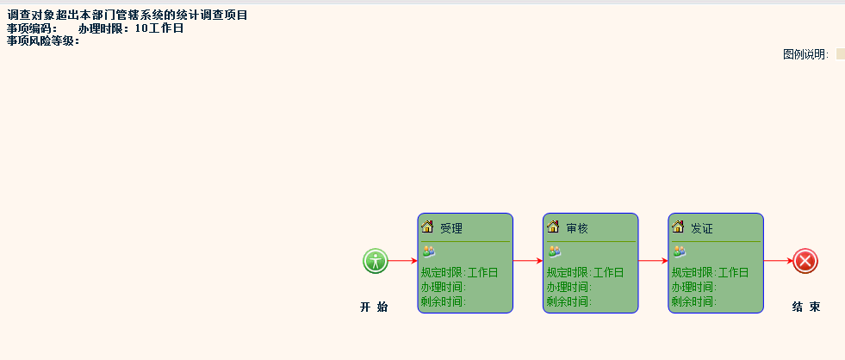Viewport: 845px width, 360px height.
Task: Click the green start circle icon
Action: click(x=375, y=261)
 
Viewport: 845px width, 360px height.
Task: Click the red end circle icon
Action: click(x=805, y=261)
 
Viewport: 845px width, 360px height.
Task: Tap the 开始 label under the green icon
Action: click(x=374, y=307)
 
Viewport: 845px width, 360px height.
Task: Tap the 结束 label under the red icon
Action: click(x=805, y=307)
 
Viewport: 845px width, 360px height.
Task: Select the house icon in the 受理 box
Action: click(x=427, y=227)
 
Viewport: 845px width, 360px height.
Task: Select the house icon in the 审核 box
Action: click(x=553, y=227)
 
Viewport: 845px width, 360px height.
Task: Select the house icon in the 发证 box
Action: click(x=678, y=227)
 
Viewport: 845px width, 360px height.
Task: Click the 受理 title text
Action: click(x=451, y=229)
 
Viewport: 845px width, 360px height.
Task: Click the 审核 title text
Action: click(x=577, y=229)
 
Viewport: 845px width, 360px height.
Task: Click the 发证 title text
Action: click(x=702, y=229)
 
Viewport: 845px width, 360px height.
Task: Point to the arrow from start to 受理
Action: click(x=402, y=261)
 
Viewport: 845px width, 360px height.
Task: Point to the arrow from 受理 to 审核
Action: click(x=527, y=261)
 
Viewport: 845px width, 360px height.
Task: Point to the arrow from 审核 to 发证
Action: click(x=653, y=261)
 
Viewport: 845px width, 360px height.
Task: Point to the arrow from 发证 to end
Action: click(x=778, y=261)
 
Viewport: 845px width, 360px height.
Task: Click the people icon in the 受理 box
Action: click(x=428, y=251)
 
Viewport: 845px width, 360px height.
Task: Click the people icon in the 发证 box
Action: click(x=679, y=251)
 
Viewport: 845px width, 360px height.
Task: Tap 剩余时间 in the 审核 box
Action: click(x=568, y=301)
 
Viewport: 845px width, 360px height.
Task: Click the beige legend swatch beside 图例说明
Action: click(x=841, y=54)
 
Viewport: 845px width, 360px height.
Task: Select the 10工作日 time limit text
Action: click(x=159, y=28)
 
